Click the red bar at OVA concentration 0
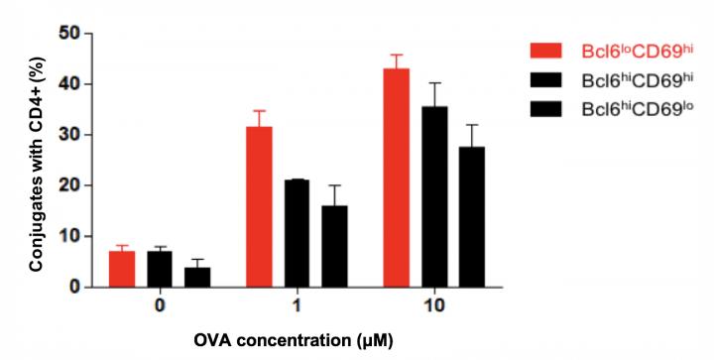point(121,269)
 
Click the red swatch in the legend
point(548,51)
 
